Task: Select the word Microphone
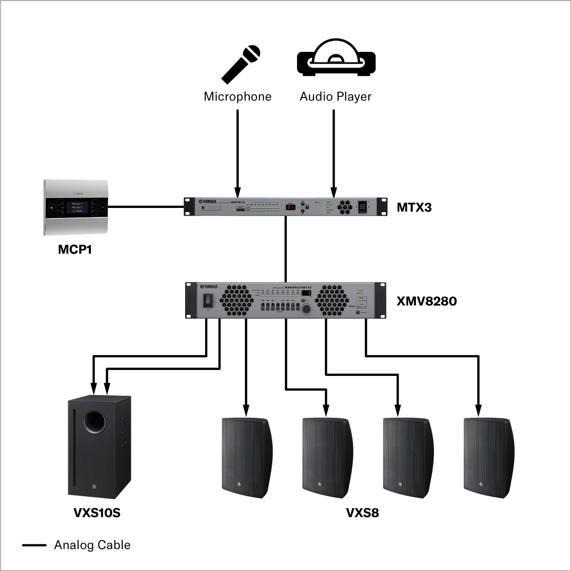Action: pos(237,97)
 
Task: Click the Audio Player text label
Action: pos(335,97)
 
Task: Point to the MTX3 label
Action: pos(414,207)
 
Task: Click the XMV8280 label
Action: pos(426,301)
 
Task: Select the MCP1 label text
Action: pos(75,249)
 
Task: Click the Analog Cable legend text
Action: pos(92,545)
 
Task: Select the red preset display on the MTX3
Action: pos(291,207)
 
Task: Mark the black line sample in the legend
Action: pos(34,545)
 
